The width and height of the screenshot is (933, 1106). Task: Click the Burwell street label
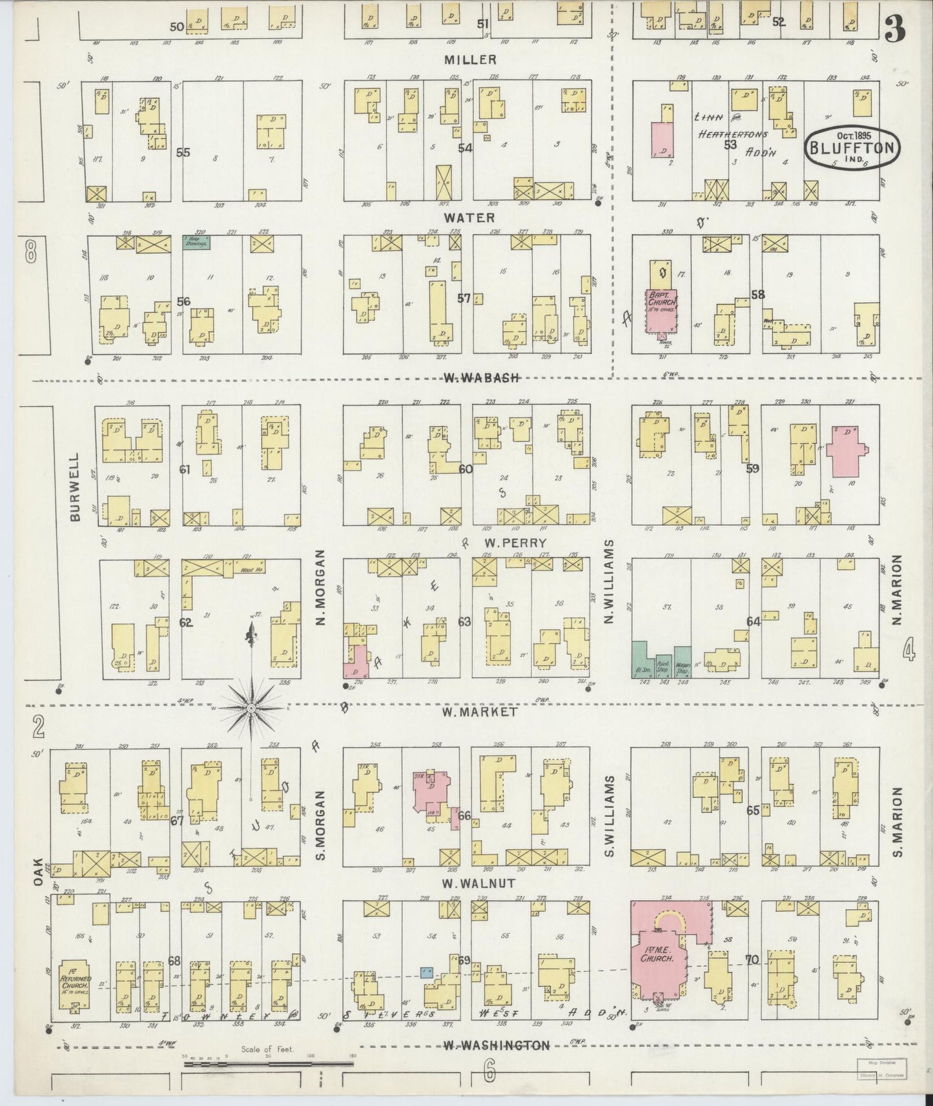click(x=76, y=487)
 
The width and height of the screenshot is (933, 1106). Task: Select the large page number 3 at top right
click(x=894, y=27)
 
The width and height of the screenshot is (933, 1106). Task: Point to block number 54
click(x=466, y=148)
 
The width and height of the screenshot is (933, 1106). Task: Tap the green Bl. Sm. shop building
click(x=641, y=659)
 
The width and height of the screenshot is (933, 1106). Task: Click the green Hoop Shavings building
click(x=196, y=243)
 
